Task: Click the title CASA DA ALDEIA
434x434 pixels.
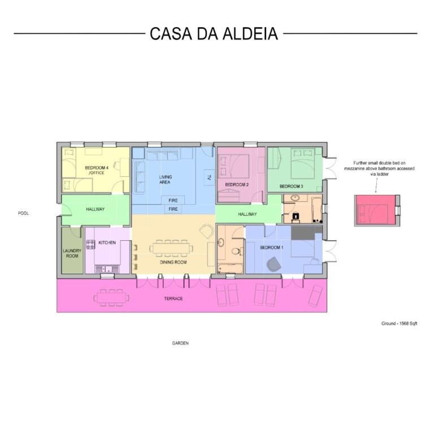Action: click(x=214, y=33)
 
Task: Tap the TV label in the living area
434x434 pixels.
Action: click(x=209, y=177)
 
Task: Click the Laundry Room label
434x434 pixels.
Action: click(x=72, y=253)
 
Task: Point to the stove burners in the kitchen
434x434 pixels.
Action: click(x=90, y=244)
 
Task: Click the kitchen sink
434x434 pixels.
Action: click(x=107, y=269)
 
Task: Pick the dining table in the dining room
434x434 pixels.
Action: click(x=171, y=248)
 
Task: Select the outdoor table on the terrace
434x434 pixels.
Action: click(x=111, y=298)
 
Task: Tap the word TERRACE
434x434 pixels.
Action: click(x=173, y=298)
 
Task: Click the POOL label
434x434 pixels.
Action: click(x=23, y=214)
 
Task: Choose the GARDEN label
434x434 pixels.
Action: click(x=180, y=343)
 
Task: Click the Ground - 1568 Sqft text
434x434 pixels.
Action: click(x=399, y=324)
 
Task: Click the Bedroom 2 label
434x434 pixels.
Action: click(x=237, y=185)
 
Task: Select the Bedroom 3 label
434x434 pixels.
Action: click(x=291, y=186)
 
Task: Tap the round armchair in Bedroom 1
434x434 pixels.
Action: click(x=274, y=264)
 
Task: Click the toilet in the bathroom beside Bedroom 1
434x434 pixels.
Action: click(x=237, y=251)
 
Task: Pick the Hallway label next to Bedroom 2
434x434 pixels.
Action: click(x=247, y=214)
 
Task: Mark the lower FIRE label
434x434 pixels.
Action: click(x=173, y=209)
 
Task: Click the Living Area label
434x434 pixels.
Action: click(x=165, y=180)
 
